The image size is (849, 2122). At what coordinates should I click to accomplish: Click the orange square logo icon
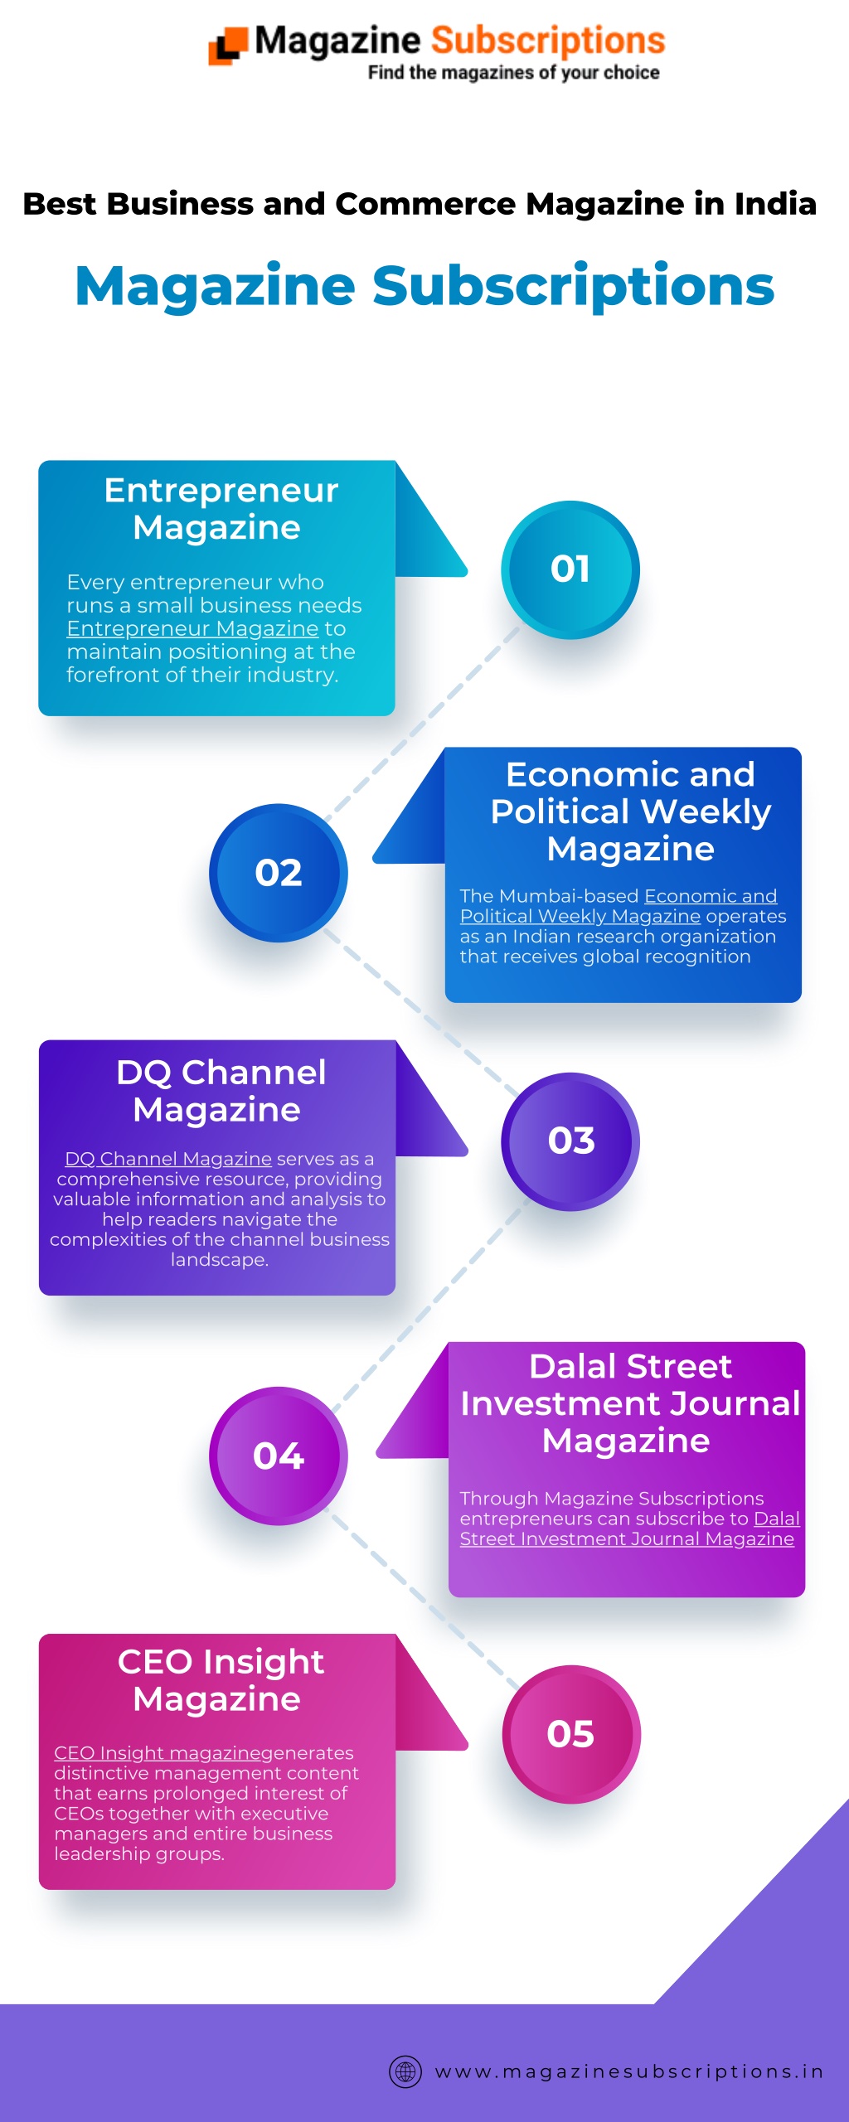point(228,46)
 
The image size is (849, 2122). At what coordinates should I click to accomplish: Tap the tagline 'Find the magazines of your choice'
point(514,73)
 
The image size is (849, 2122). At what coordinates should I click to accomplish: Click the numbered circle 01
point(570,569)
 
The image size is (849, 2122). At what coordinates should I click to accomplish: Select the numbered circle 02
point(279,873)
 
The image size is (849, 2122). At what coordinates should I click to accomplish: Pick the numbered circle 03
point(570,1141)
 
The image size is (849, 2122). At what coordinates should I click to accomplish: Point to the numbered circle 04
point(279,1456)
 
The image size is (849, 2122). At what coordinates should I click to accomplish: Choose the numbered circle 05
point(571,1734)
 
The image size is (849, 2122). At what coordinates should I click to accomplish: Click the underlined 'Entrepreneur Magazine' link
point(192,629)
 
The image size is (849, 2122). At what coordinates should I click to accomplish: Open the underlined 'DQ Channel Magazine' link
point(168,1159)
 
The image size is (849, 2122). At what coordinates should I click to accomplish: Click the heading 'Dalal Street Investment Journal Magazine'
point(630,1403)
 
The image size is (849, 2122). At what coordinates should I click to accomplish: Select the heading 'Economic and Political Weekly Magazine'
point(630,811)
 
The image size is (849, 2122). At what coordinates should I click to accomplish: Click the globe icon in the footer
point(405,2071)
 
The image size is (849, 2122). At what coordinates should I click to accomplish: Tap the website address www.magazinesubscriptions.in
point(629,2072)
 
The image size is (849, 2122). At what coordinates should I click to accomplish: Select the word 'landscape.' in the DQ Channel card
point(220,1261)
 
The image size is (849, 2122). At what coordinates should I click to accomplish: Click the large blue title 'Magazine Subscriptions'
point(424,286)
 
